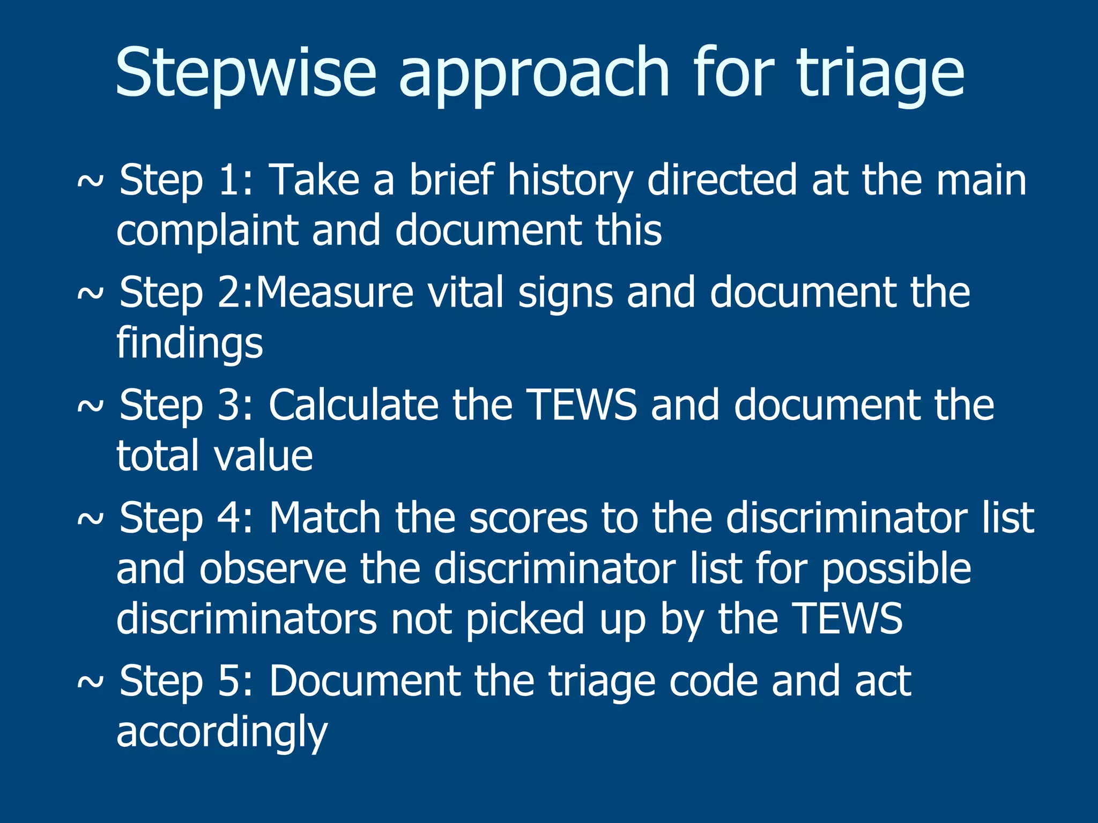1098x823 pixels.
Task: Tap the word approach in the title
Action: [534, 75]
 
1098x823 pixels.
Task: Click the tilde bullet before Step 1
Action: [90, 182]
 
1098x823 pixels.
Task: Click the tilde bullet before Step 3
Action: [90, 407]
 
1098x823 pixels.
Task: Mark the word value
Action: [263, 456]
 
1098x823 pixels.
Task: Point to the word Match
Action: [325, 518]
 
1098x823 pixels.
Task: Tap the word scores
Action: [528, 518]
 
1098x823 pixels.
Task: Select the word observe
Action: [273, 569]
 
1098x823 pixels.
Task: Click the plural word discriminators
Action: [247, 619]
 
